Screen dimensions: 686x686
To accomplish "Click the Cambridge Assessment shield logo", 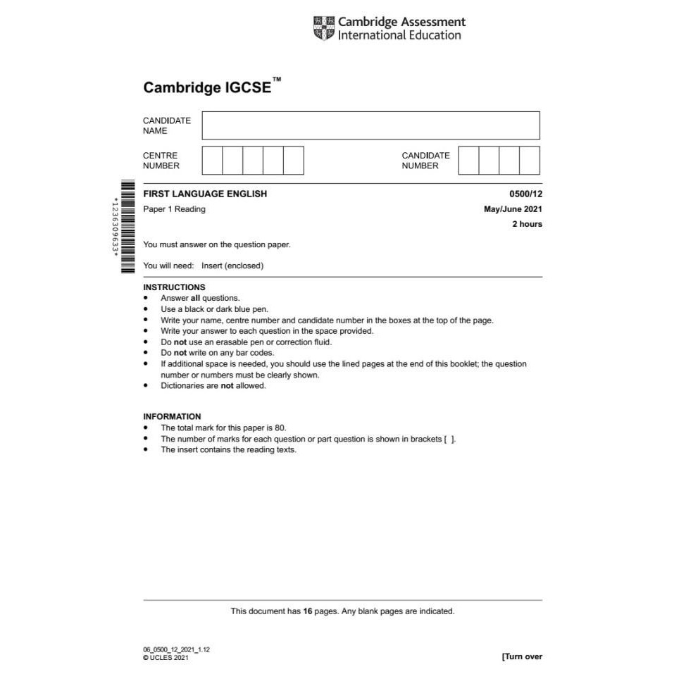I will [323, 28].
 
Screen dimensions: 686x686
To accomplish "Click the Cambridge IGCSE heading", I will [207, 87].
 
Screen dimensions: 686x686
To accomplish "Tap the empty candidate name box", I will [370, 125].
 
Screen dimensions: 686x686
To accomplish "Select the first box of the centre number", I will [212, 161].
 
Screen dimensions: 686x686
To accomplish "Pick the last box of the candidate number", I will [530, 161].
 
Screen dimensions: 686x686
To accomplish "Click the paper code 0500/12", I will [525, 194].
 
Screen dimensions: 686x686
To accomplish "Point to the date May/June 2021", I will [513, 209].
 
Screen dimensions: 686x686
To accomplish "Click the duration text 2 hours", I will [527, 224].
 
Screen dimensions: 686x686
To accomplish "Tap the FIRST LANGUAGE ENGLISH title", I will [205, 194].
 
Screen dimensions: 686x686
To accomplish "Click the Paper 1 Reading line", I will [174, 209].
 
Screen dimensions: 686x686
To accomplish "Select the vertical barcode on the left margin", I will [127, 227].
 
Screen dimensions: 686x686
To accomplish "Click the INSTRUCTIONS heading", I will [174, 287].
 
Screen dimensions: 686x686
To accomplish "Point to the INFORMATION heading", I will [172, 416].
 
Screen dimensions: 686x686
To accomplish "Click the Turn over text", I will [523, 656].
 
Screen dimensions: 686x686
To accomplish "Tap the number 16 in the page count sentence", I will [307, 611].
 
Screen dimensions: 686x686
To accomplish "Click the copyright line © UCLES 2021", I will [166, 658].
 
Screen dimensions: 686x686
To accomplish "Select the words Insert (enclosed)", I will [232, 266].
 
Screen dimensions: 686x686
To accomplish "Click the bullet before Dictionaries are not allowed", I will [146, 386].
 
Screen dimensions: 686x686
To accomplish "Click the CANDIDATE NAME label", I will [167, 125].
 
